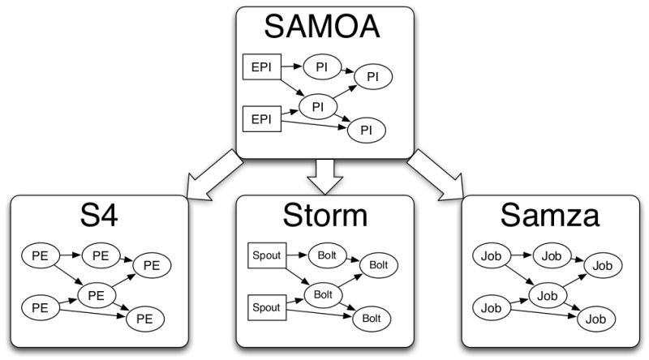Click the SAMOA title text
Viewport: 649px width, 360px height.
(x=324, y=30)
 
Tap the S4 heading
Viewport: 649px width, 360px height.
(x=98, y=217)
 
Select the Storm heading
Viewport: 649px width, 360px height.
(x=324, y=217)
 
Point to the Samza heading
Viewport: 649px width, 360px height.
(x=550, y=217)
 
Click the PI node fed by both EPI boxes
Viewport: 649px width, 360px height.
(x=318, y=105)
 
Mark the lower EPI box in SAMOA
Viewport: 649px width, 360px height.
(x=261, y=120)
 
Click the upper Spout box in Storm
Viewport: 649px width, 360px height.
(x=264, y=256)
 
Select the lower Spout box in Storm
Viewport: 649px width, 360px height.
(x=264, y=308)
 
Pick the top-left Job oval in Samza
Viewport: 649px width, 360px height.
(x=490, y=256)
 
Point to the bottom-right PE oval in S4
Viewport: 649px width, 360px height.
(x=144, y=319)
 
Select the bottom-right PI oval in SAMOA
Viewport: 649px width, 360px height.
(x=367, y=129)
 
